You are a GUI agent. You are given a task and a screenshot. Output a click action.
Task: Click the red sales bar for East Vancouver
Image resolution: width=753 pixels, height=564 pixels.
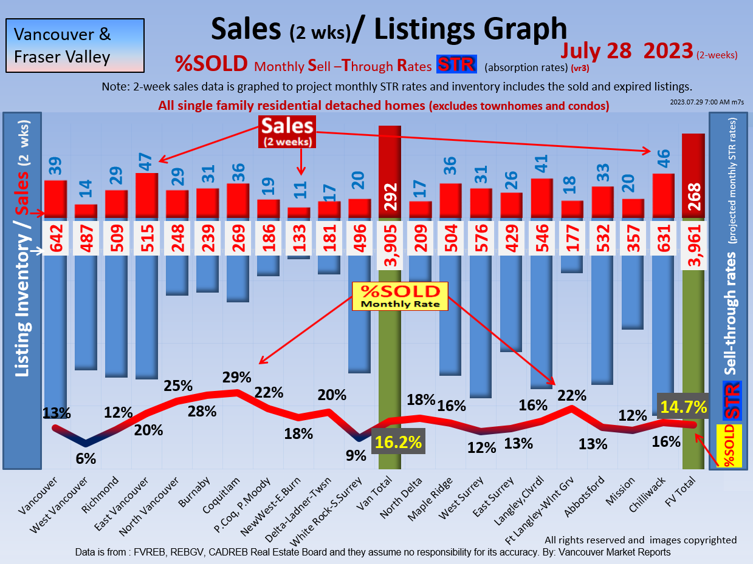point(146,195)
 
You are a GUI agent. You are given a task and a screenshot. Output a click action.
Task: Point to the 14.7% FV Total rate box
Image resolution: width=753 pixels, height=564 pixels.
point(683,406)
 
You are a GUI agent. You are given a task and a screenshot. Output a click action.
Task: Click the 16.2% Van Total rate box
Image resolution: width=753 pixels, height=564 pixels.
point(398,441)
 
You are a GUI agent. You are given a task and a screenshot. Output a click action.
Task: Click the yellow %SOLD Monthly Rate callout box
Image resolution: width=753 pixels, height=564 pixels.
point(400,295)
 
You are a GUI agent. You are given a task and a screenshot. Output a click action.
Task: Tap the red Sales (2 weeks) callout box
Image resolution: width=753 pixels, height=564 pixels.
point(287,132)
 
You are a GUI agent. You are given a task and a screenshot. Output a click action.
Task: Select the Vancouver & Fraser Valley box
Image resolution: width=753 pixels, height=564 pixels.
point(75,46)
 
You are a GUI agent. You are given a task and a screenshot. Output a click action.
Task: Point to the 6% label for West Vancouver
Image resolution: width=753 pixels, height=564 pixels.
point(86,459)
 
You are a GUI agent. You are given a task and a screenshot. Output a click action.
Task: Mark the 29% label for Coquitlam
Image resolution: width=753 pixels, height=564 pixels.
point(237,377)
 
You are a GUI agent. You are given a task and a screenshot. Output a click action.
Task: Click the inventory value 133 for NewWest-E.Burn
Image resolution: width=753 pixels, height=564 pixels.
point(298,239)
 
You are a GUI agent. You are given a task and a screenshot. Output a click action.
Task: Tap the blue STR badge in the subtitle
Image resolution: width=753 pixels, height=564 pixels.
point(456,64)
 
